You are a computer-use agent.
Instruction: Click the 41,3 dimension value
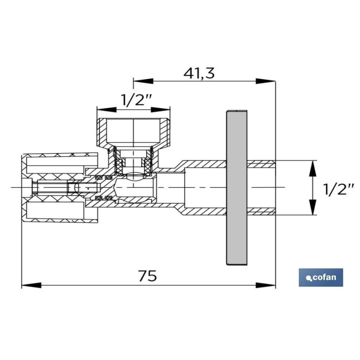199,73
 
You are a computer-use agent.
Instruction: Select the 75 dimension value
148,276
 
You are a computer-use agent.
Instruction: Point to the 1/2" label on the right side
338,189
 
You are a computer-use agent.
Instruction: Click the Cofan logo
321,277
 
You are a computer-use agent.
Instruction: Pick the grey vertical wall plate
237,188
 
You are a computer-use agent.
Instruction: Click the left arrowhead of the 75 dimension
31,285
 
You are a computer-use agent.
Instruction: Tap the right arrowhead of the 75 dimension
265,285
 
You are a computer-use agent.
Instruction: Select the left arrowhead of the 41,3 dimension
143,81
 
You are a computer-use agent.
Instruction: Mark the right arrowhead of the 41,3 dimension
265,81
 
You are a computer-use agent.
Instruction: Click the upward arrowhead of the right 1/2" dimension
312,168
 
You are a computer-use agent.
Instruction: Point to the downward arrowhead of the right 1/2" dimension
312,207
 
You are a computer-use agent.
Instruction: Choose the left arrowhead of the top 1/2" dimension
107,109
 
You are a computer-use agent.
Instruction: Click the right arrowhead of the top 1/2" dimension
161,109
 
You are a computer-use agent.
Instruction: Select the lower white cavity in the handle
55,210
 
